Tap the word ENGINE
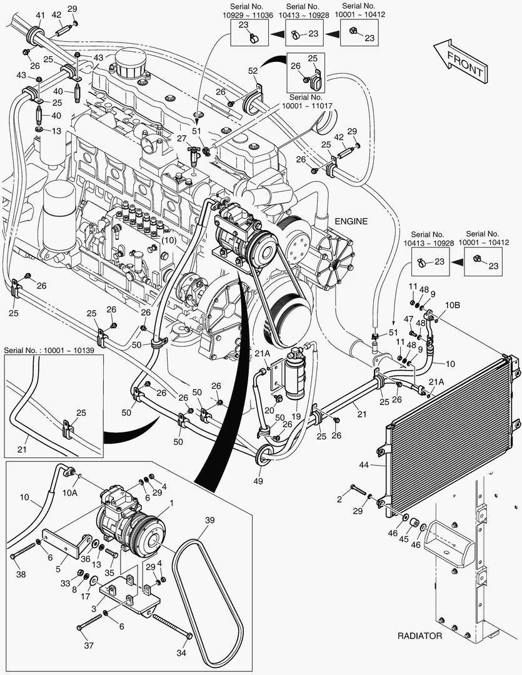(351, 221)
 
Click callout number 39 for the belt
(210, 520)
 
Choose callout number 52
(253, 71)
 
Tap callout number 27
(181, 139)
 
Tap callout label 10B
(453, 306)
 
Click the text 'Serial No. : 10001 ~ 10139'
(49, 349)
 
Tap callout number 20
(269, 410)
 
